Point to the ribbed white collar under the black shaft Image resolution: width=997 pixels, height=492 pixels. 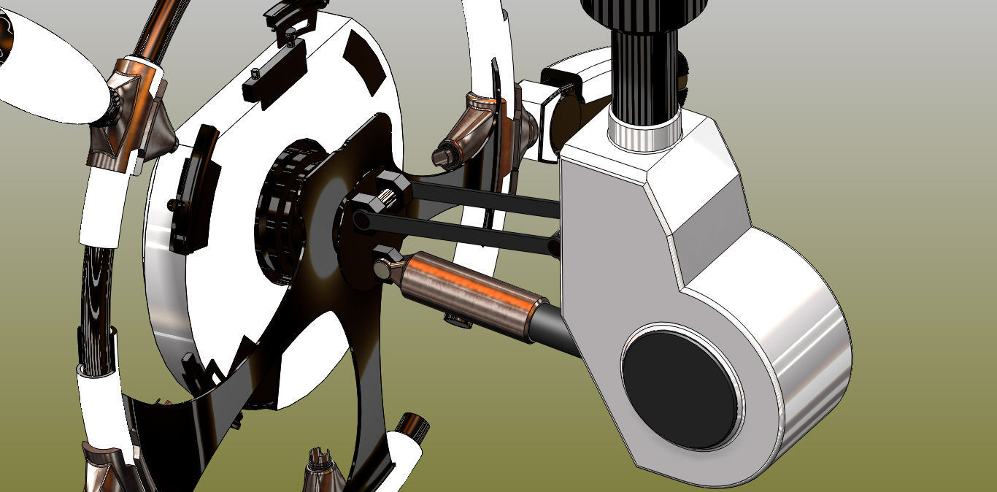(x=645, y=134)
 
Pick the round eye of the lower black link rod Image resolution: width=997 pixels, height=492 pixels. (x=361, y=219)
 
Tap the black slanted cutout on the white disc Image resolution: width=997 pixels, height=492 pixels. (x=365, y=61)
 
